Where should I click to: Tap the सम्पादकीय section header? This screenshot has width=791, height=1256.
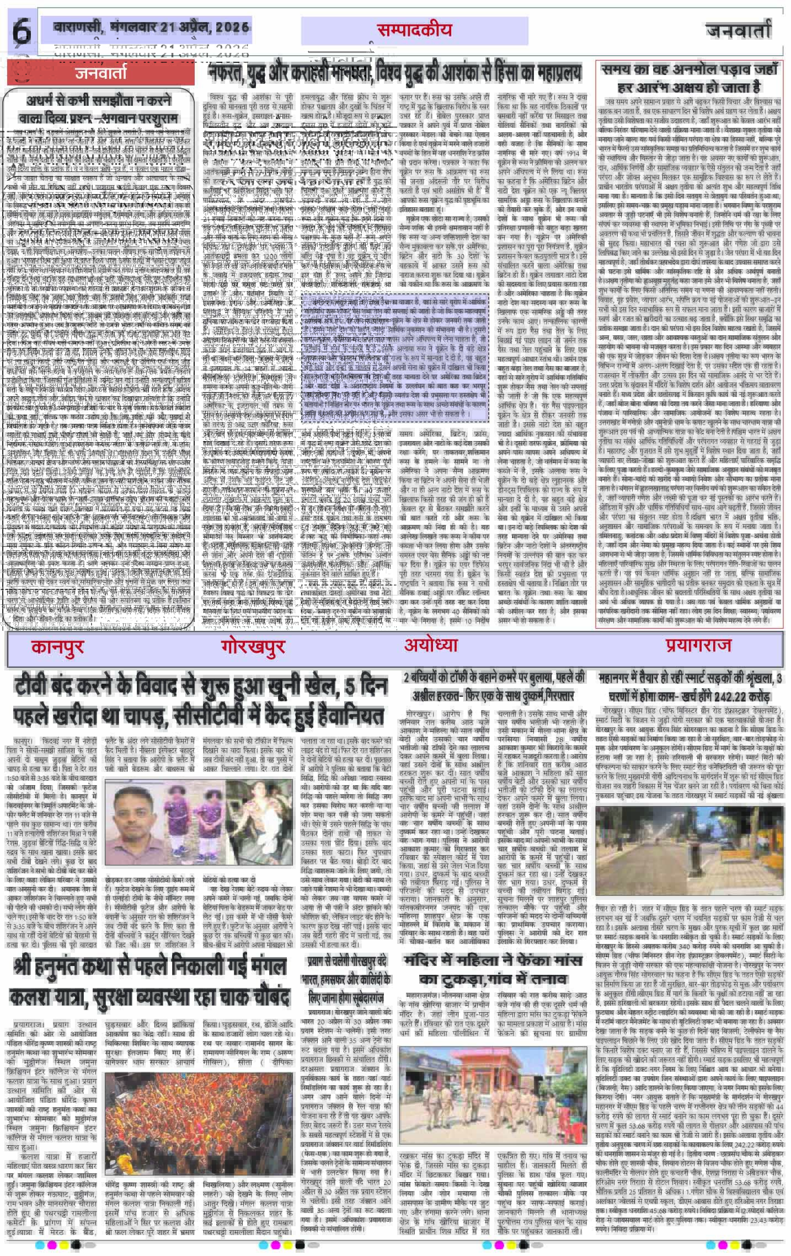[x=414, y=30]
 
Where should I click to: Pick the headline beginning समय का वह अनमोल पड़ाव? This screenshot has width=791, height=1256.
[x=690, y=78]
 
